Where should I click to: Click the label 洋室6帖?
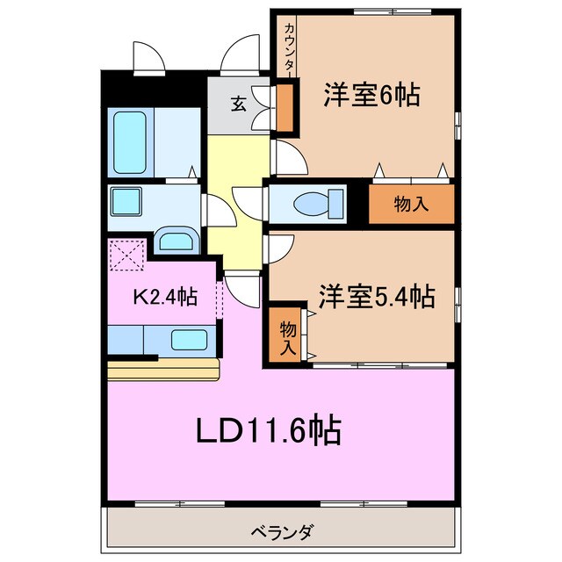coord(371,95)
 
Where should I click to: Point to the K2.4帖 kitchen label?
coord(163,297)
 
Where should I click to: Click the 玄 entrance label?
coord(237,104)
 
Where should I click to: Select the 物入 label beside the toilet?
coord(411,205)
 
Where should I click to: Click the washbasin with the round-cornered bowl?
coord(178,240)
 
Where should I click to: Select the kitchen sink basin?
coord(188,339)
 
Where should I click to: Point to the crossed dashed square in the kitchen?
coord(126,256)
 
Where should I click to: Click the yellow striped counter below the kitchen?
coord(163,369)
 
